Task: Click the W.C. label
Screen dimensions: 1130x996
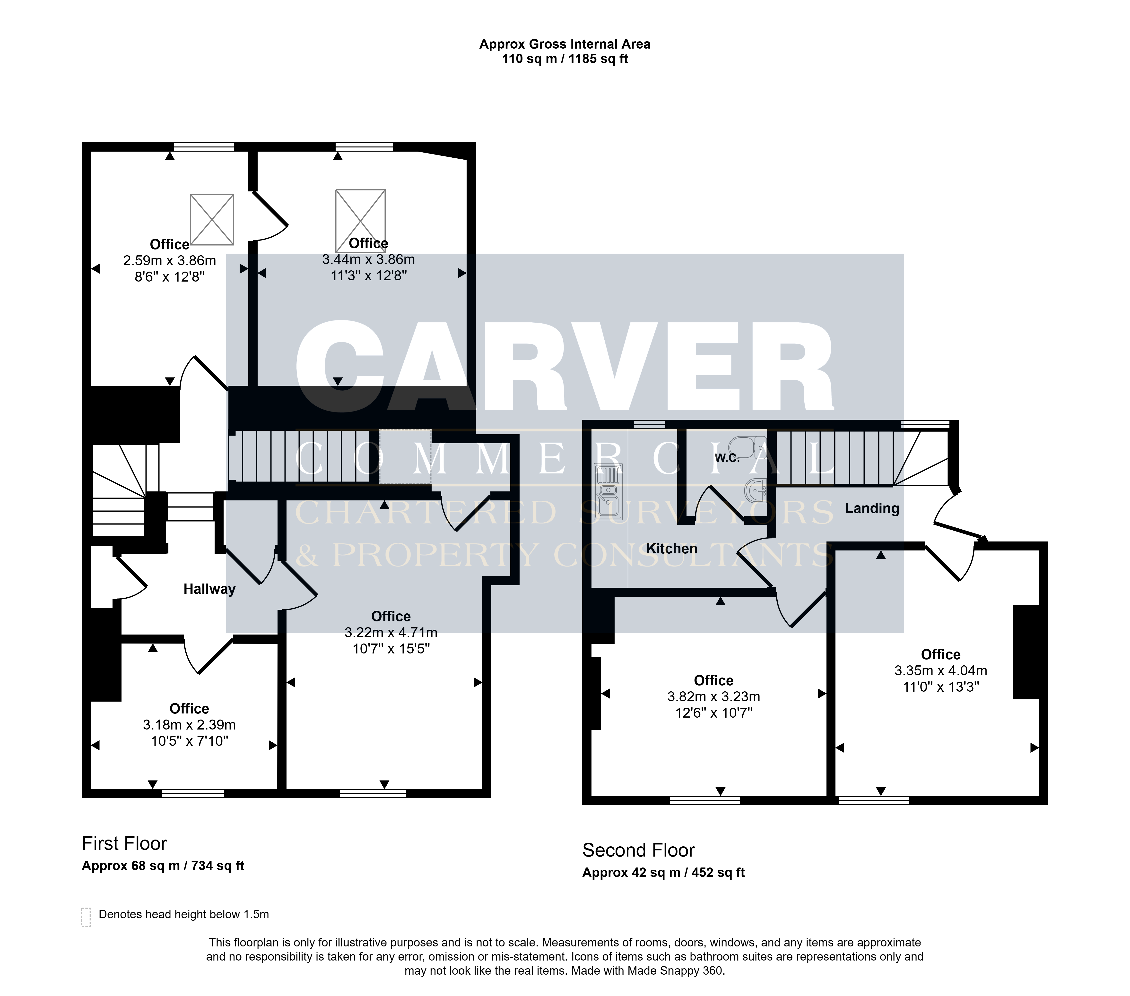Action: (x=727, y=458)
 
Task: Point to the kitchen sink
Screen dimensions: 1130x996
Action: (x=609, y=492)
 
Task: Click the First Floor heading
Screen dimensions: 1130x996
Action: (x=124, y=843)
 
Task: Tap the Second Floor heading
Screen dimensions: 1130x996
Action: (x=639, y=850)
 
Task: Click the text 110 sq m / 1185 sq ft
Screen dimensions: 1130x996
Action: (x=565, y=59)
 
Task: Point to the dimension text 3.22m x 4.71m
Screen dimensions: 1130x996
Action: (x=391, y=632)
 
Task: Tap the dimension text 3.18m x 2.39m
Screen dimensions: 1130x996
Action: (x=189, y=725)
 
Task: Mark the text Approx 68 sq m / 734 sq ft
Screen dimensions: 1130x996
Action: (x=163, y=866)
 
